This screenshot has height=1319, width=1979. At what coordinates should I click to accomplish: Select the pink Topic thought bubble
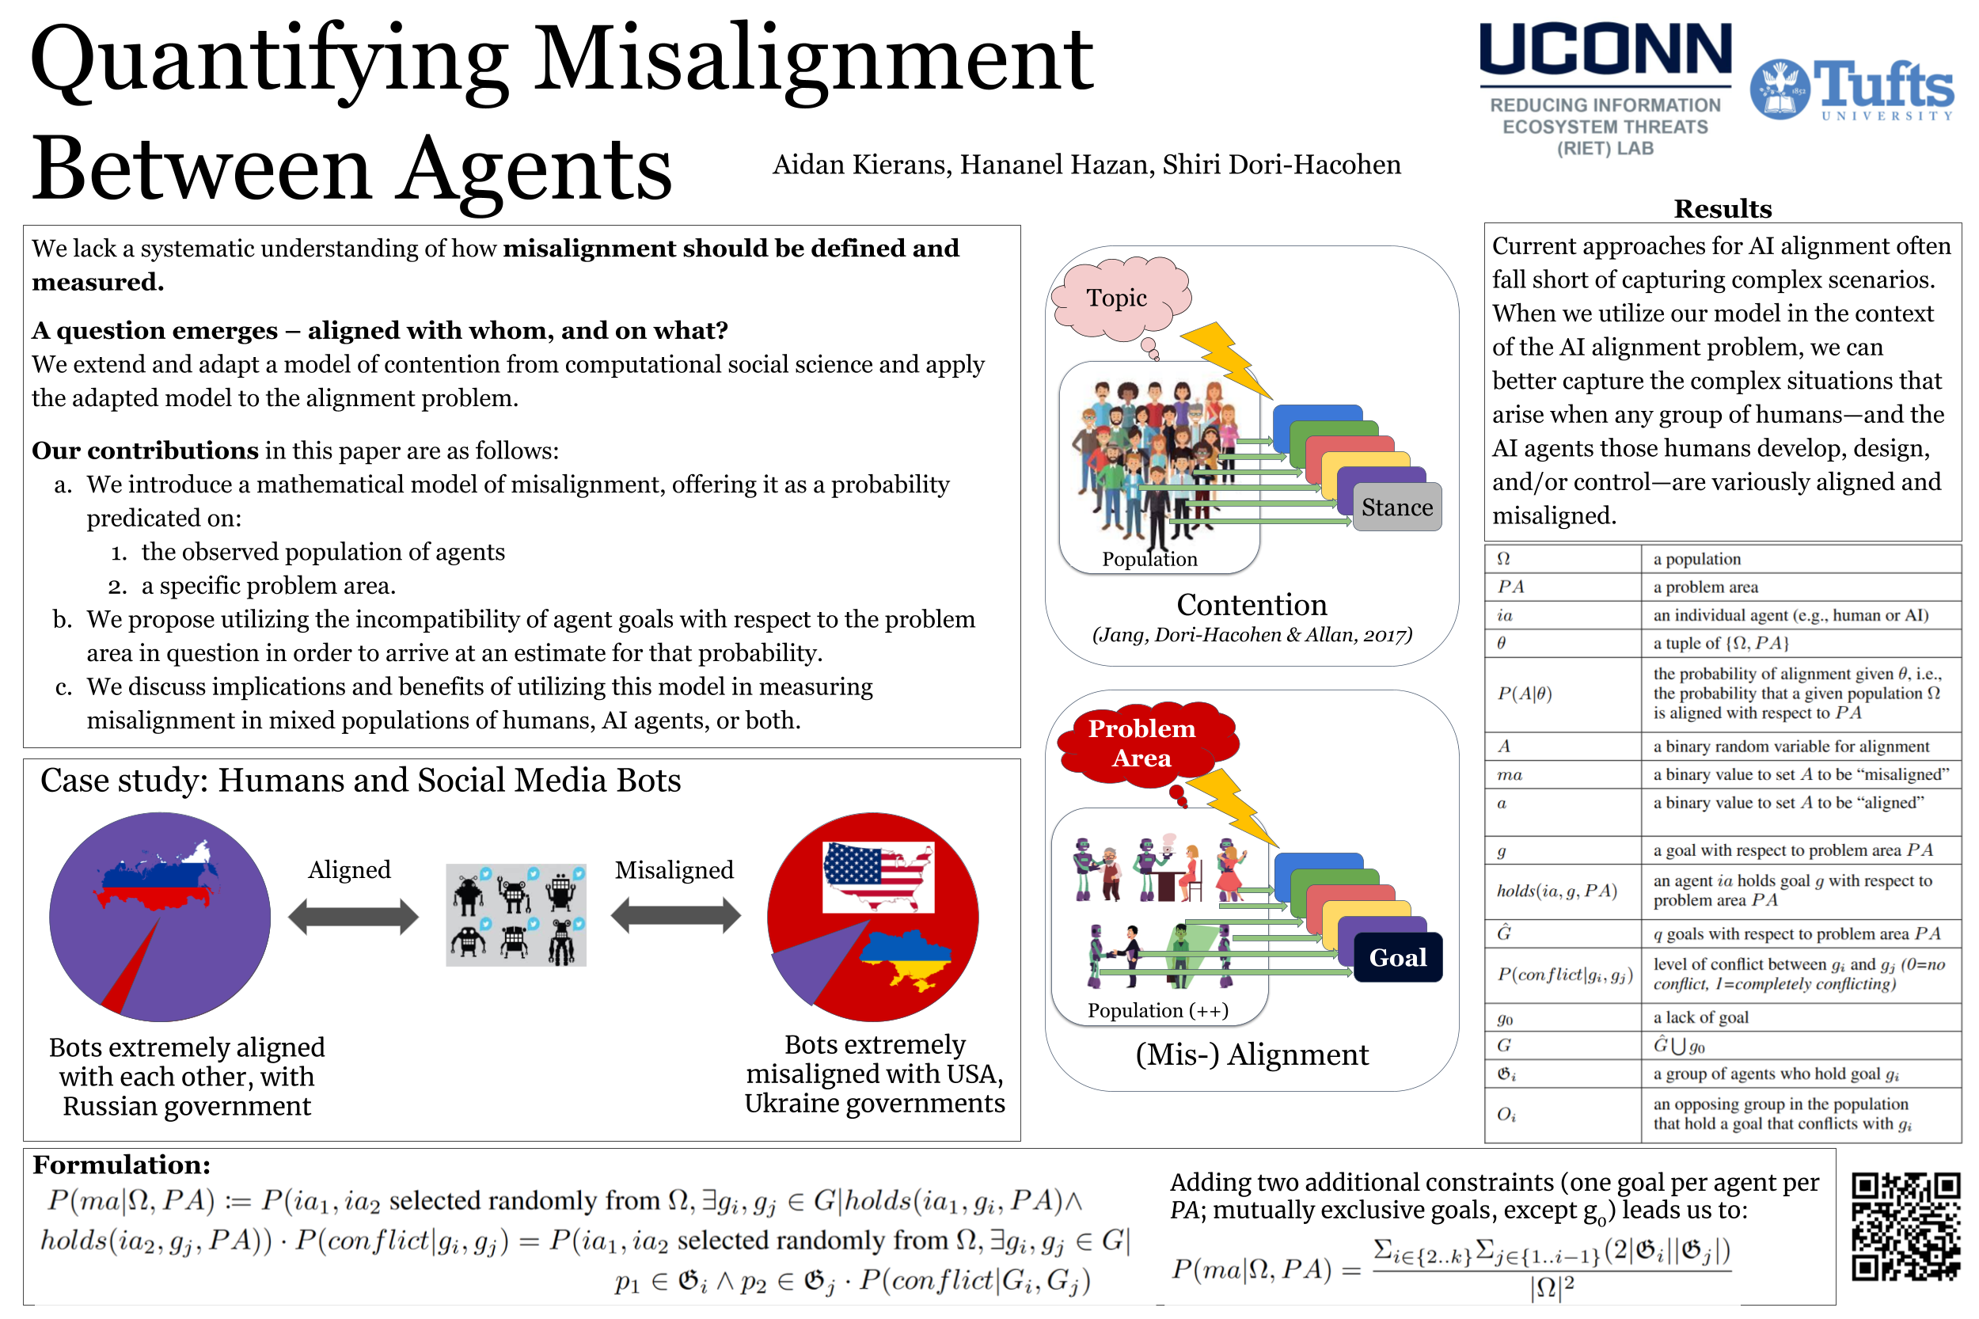(1118, 298)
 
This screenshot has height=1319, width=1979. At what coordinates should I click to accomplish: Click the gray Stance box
(1396, 507)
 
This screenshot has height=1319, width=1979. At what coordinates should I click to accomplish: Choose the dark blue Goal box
(1396, 956)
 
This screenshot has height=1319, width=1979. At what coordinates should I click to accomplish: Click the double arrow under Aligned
(352, 916)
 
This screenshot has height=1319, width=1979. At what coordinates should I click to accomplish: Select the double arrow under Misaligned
(674, 916)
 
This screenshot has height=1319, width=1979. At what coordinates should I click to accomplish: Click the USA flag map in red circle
(878, 876)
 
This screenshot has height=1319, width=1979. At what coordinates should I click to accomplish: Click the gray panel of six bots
(515, 914)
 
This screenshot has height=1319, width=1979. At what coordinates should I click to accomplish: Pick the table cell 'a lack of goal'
(1700, 1017)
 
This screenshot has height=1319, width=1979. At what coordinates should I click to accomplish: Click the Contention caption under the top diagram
(1251, 605)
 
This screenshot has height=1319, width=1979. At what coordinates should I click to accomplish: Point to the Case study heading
(360, 781)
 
